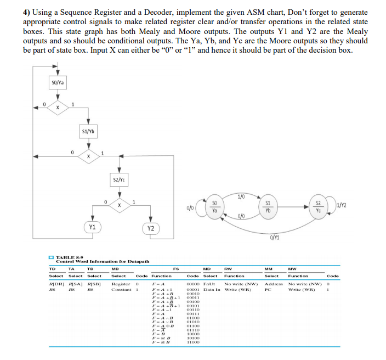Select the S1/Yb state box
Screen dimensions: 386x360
88,132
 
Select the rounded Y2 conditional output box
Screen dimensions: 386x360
150,227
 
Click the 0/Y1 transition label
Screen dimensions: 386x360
275,237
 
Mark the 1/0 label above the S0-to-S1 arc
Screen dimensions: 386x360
241,196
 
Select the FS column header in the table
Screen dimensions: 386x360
176,268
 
